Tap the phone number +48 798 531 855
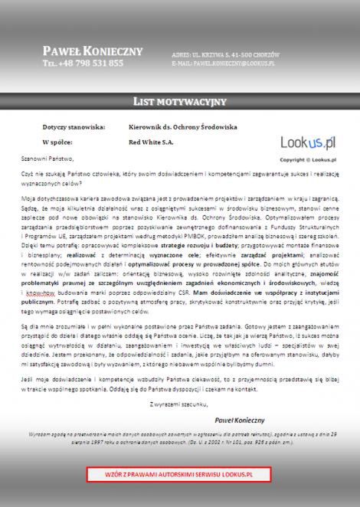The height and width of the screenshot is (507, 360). click(83, 63)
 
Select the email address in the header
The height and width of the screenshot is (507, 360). click(223, 64)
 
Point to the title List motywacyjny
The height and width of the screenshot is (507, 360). click(179, 101)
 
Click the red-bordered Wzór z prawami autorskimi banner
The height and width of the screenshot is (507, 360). click(179, 475)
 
